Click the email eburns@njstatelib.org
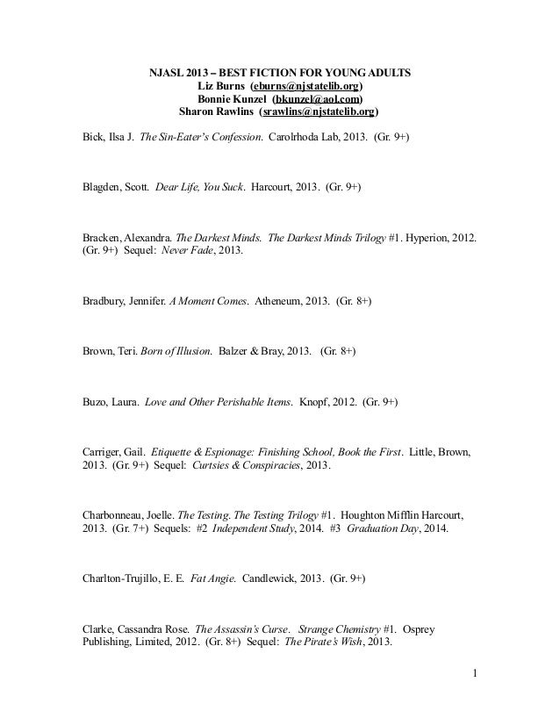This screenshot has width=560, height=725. click(307, 86)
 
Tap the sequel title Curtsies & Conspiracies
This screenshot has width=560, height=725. click(241, 465)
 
